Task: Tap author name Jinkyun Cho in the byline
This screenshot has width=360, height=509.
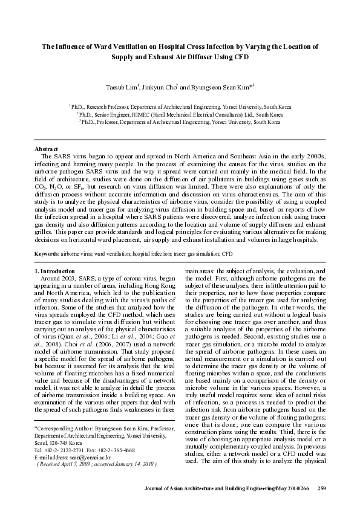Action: point(160,86)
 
